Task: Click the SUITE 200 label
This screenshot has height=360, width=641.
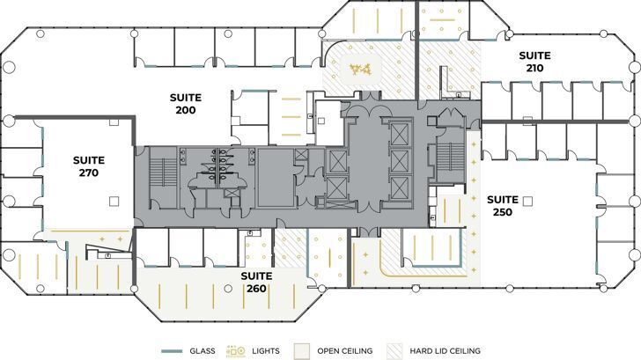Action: [x=185, y=104]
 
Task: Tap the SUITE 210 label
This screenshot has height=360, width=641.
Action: [x=534, y=61]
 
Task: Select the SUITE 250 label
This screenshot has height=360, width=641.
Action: [x=503, y=205]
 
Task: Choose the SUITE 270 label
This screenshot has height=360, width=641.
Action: [x=89, y=166]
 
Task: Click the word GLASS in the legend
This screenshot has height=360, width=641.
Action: [x=203, y=351]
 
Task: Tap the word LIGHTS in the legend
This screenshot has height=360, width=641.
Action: [x=265, y=351]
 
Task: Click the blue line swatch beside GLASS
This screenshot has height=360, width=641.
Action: [x=173, y=351]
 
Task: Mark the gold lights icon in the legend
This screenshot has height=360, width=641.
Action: [x=236, y=351]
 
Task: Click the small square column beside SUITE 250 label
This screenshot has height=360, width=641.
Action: [x=527, y=202]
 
